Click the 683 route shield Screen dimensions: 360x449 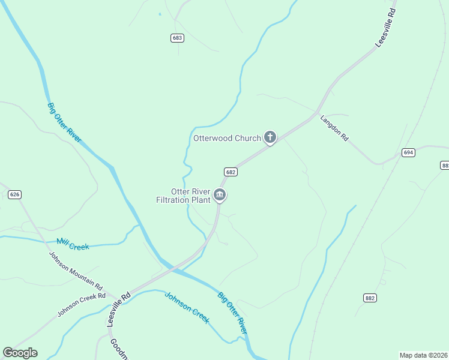click(x=177, y=38)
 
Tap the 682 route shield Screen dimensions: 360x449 click(x=231, y=172)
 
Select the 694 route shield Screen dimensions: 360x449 click(x=409, y=152)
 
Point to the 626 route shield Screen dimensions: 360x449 click(x=15, y=194)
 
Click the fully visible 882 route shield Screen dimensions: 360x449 click(x=370, y=298)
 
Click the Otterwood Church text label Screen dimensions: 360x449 click(x=227, y=138)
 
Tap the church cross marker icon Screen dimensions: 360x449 click(x=270, y=137)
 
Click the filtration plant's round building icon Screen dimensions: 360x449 click(x=220, y=195)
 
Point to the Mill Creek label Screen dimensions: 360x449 click(x=72, y=244)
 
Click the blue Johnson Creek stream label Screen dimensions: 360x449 click(x=187, y=307)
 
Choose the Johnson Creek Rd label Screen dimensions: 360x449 click(x=81, y=305)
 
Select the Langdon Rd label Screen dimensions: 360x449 click(x=334, y=128)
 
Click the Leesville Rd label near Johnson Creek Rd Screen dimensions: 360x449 click(x=119, y=309)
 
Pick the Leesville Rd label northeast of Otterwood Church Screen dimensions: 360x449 click(x=384, y=28)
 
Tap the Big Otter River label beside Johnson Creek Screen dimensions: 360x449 click(x=233, y=314)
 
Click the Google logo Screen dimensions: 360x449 click(x=20, y=353)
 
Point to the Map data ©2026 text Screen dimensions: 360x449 click(x=423, y=355)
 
